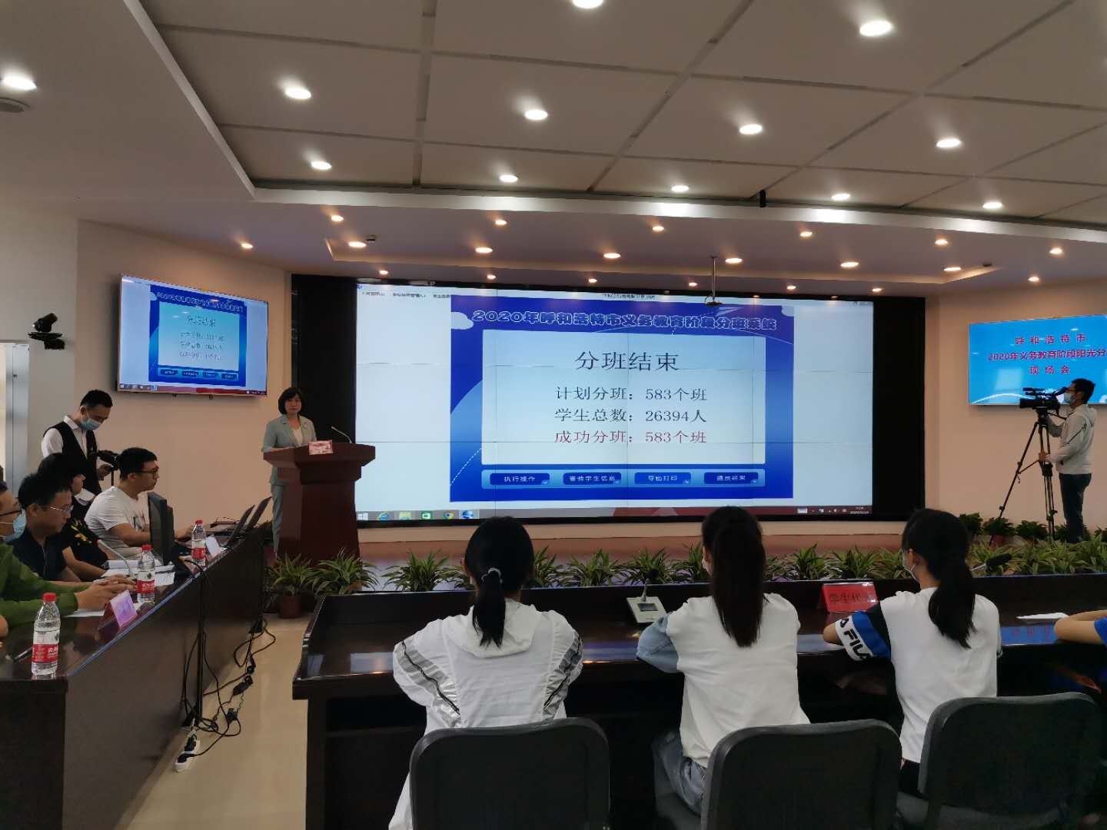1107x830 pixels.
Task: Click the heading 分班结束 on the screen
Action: (x=627, y=360)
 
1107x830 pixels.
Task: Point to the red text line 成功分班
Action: (x=630, y=437)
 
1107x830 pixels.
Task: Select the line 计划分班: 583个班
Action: (x=630, y=394)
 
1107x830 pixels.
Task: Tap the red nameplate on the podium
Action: (x=321, y=447)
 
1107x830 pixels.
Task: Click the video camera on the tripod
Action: (x=1039, y=398)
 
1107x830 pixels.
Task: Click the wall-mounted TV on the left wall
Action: (x=193, y=336)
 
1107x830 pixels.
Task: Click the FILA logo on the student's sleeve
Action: (x=853, y=632)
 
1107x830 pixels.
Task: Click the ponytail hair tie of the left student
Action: (x=493, y=573)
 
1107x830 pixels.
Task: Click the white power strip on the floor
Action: (x=187, y=751)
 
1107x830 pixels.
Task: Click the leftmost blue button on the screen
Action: (x=519, y=479)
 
